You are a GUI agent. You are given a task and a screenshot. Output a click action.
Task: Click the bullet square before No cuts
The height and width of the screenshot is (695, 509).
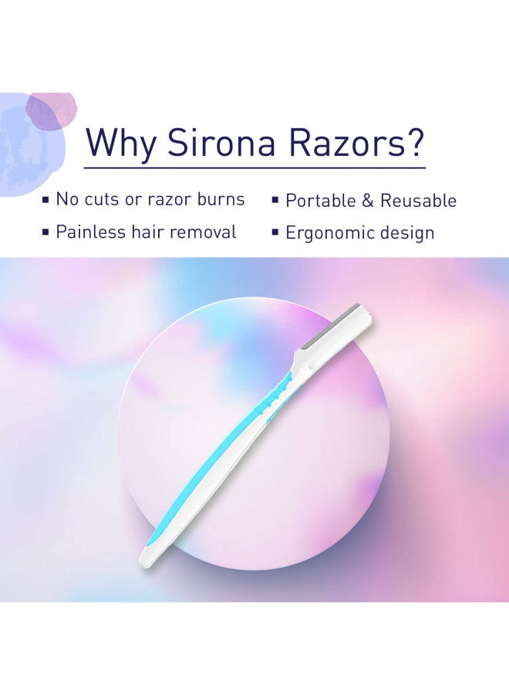45,200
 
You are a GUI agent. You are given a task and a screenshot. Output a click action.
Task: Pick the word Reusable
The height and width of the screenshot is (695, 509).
418,201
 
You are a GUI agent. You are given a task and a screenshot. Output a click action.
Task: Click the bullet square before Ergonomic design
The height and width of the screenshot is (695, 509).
275,232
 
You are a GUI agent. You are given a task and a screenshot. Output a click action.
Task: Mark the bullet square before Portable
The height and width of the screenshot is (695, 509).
275,200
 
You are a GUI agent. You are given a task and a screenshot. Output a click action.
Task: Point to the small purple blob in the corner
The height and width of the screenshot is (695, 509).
52,110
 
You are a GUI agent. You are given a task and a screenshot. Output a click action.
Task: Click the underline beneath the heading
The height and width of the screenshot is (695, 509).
254,168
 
